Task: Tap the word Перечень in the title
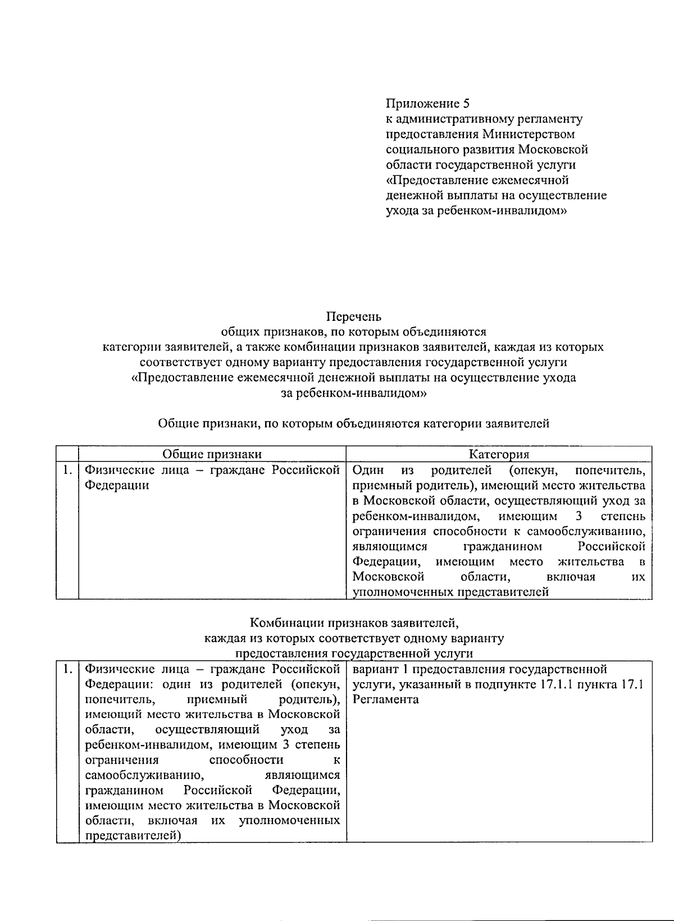(354, 316)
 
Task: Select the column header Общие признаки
(212, 455)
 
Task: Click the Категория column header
(499, 455)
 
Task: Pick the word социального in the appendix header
(420, 149)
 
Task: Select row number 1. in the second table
(67, 669)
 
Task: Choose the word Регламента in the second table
(385, 700)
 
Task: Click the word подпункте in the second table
(493, 684)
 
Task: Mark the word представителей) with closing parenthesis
(133, 836)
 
